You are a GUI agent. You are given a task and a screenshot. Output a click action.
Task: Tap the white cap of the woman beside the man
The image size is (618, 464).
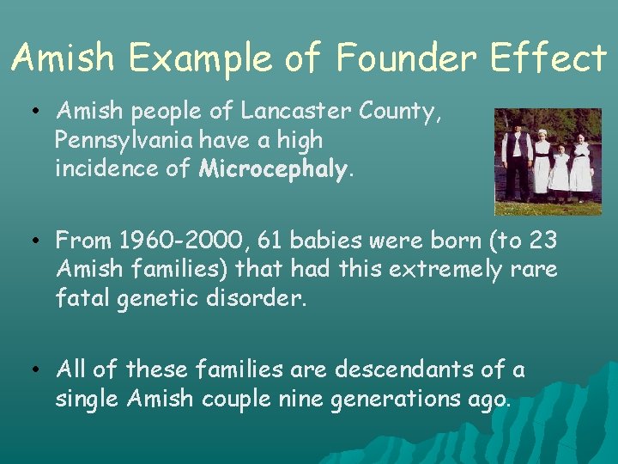coord(542,134)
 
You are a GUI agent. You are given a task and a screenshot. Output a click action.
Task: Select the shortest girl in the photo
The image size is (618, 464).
coord(560,169)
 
